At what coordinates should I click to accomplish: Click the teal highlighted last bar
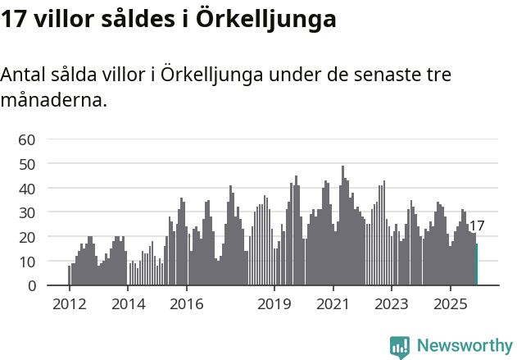click(477, 264)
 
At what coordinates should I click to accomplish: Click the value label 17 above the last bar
click(477, 226)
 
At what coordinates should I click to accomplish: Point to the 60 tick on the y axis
click(26, 139)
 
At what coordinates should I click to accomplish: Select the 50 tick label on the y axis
click(26, 164)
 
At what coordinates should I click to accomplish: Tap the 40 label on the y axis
click(26, 189)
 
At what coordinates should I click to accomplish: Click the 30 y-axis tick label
click(26, 212)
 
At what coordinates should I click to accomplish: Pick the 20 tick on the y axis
click(26, 237)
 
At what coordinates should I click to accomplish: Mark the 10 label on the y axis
click(26, 262)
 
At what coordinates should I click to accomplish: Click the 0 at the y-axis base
click(30, 285)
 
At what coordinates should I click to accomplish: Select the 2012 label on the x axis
click(69, 304)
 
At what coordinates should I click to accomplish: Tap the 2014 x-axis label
click(128, 304)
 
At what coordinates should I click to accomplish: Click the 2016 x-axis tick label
click(187, 304)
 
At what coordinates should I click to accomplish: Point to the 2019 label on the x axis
click(274, 304)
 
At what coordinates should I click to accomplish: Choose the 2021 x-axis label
click(333, 304)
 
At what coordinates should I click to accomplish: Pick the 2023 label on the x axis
click(392, 304)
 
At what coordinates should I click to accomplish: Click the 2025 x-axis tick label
click(451, 304)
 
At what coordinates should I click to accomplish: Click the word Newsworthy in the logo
click(464, 346)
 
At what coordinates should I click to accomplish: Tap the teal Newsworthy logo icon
click(400, 347)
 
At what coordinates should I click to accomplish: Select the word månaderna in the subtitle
click(53, 101)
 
